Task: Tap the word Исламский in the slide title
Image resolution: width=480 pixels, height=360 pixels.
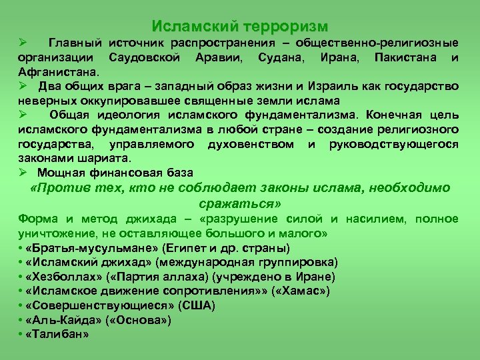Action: (x=197, y=26)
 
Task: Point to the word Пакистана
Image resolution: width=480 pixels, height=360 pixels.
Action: (x=405, y=58)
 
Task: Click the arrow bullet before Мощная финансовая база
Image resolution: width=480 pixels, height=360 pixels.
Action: (x=24, y=172)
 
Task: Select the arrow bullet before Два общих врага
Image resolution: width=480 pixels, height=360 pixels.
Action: (x=24, y=87)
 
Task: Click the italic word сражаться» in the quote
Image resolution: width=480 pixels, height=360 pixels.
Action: (x=239, y=203)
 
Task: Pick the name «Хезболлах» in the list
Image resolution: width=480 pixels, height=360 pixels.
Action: (x=60, y=276)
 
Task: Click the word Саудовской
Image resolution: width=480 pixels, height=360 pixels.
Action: (x=145, y=58)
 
